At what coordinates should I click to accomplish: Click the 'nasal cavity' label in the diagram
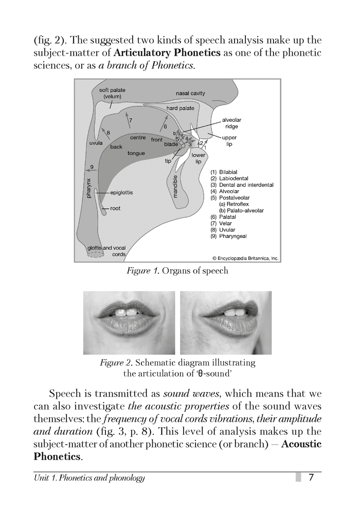coord(190,93)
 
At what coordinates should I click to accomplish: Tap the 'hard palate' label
coord(180,108)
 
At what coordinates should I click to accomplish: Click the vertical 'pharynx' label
coord(88,188)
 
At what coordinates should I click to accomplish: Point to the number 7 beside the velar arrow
coord(131,120)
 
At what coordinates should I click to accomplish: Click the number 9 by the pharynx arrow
coord(91,167)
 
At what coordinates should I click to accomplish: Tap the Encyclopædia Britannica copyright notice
coord(245,258)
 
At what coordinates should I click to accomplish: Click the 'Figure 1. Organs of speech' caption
coord(177,271)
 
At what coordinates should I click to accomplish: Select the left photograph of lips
coord(129,323)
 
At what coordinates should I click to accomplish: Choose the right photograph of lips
coord(226,323)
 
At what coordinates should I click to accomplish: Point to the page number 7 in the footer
coord(311,478)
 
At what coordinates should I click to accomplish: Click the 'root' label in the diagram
coord(115,208)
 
